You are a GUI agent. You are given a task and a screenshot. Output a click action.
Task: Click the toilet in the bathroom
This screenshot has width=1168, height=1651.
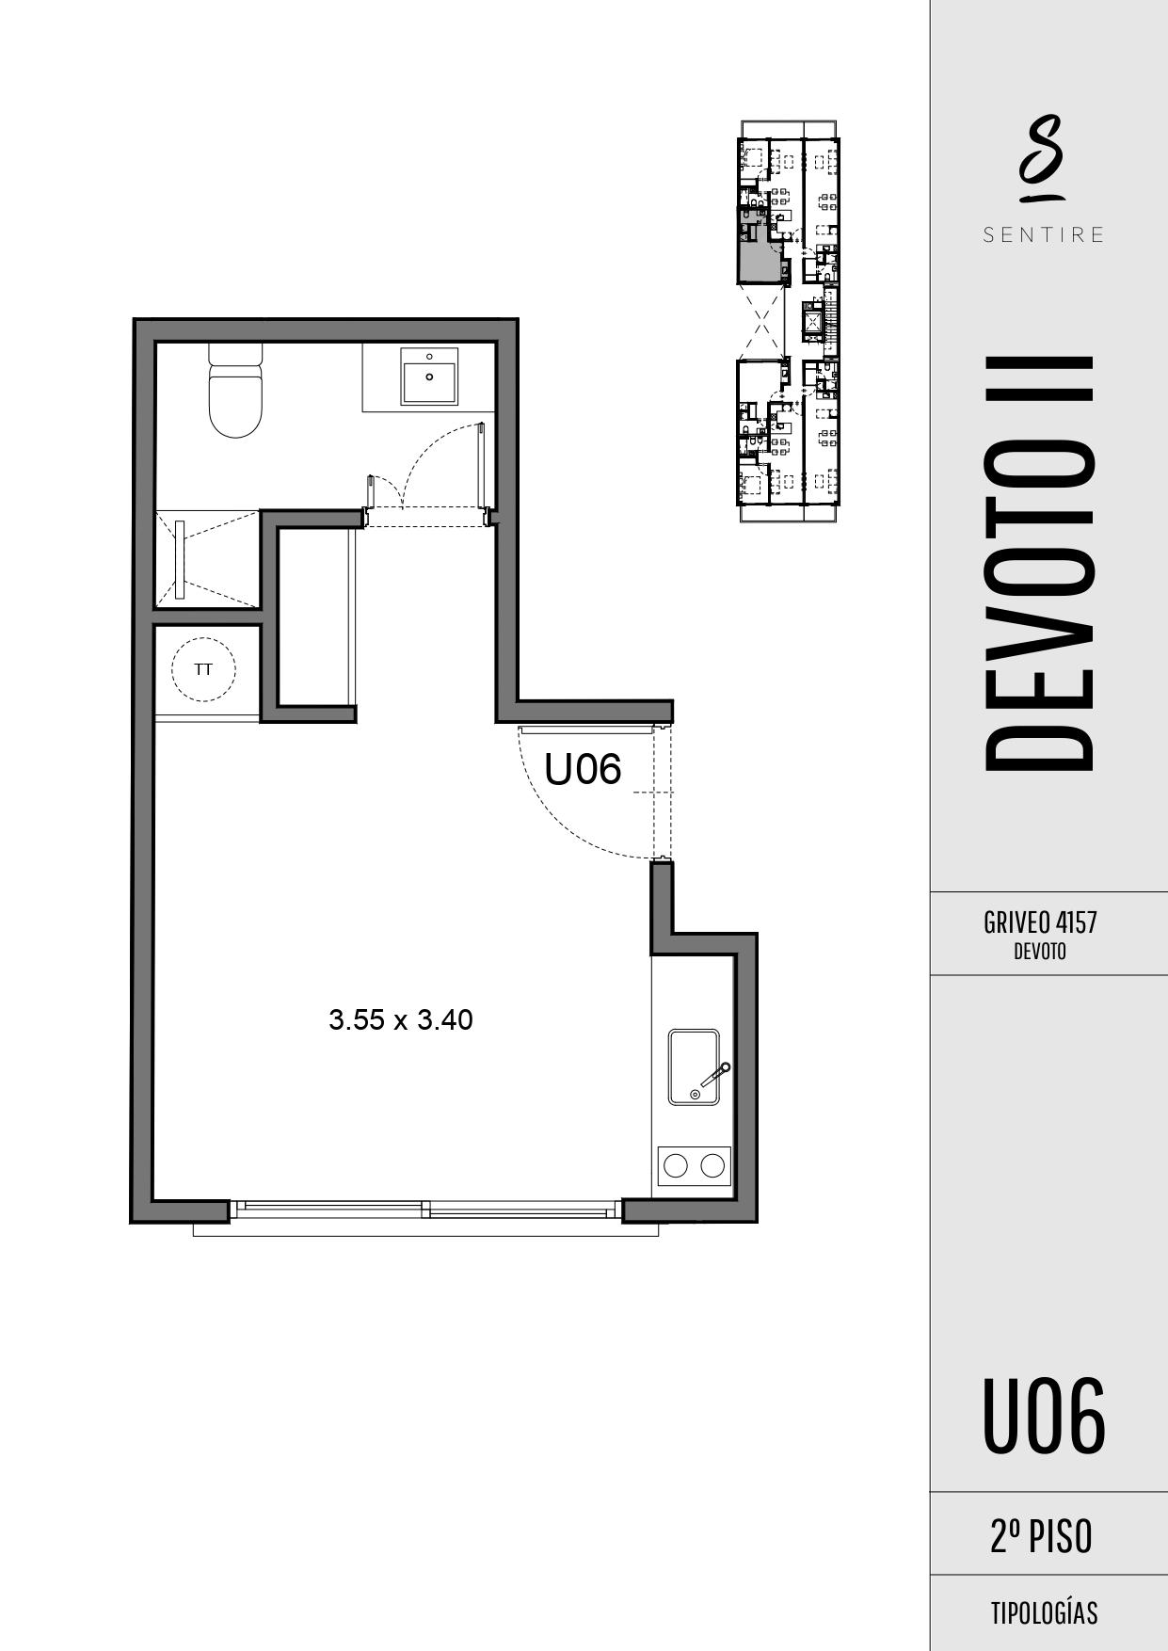coord(234,391)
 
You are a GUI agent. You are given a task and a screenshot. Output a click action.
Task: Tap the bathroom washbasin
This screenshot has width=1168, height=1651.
coord(430,376)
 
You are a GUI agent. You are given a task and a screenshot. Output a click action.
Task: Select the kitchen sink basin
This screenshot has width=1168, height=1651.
coord(694,1066)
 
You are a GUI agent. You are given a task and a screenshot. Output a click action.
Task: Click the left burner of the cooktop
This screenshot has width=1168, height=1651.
coord(676,1165)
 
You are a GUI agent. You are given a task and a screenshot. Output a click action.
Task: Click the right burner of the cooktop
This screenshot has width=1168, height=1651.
coord(712,1165)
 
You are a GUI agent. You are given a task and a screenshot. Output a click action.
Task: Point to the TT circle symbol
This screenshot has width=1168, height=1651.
coord(203,669)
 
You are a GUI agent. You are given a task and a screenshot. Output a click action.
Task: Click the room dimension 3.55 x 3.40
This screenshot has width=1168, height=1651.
coord(401,1019)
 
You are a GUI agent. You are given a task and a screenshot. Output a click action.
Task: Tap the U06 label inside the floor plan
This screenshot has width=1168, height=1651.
coord(584,769)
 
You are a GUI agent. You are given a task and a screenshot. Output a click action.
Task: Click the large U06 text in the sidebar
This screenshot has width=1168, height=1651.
coord(1044,1415)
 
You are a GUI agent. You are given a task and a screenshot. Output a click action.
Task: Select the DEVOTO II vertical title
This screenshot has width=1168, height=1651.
coord(1039,563)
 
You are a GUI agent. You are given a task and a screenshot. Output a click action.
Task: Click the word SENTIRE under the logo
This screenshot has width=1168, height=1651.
coord(1044,235)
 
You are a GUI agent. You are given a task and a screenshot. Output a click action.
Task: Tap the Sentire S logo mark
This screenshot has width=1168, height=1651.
coord(1041,158)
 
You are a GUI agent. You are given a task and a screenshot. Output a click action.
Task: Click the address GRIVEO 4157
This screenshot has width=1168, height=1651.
coord(1040,922)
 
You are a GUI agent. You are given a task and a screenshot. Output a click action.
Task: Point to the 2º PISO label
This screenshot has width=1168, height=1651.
coord(1041,1536)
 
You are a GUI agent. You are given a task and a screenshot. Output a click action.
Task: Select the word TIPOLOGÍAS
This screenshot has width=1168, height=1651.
coord(1044,1613)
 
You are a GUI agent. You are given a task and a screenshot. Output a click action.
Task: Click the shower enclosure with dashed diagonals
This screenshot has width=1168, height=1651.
coord(206,560)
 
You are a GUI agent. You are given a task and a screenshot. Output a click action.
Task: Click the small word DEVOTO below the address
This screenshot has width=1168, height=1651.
coord(1040,952)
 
